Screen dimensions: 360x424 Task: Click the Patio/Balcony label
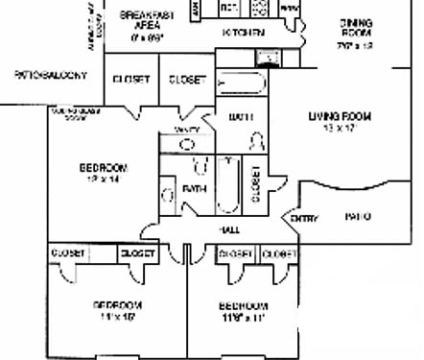click(x=50, y=75)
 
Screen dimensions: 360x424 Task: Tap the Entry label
click(x=304, y=218)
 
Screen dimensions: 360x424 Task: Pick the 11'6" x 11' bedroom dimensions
click(x=240, y=316)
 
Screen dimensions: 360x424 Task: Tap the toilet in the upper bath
click(x=256, y=140)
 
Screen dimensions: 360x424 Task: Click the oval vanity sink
click(x=189, y=144)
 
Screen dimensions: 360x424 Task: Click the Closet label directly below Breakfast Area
click(x=130, y=80)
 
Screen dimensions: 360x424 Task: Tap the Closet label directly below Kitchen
click(x=186, y=80)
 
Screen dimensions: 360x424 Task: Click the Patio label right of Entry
click(x=357, y=217)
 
